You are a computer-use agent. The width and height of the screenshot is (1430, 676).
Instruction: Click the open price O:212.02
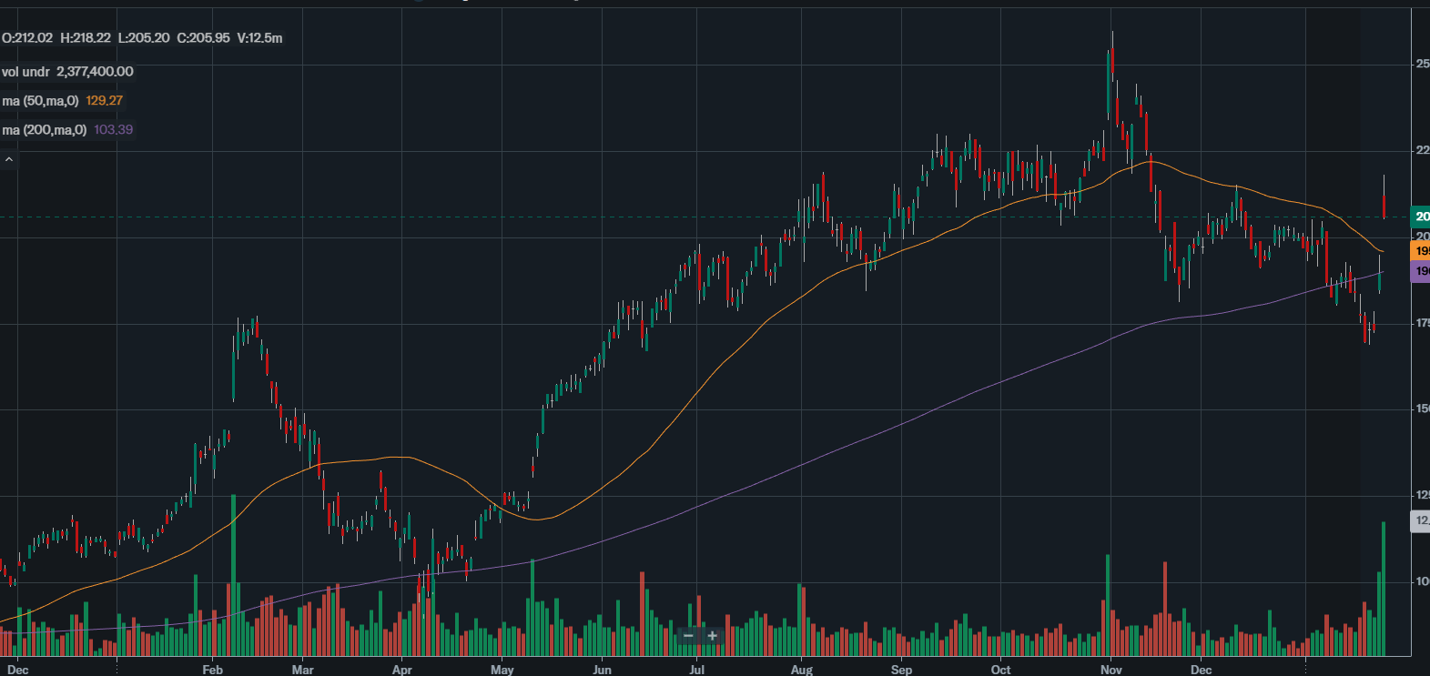(x=27, y=38)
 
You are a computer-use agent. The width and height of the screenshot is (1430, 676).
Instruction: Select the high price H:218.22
(x=86, y=38)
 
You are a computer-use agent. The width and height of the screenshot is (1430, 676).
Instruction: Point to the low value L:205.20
(x=144, y=38)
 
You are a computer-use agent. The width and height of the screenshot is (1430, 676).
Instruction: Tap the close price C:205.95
(x=203, y=38)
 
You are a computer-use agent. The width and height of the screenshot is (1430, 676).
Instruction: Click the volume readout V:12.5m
(x=259, y=38)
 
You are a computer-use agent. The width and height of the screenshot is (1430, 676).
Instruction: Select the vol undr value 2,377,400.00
(x=95, y=72)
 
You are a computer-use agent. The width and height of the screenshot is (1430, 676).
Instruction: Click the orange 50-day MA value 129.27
(x=105, y=101)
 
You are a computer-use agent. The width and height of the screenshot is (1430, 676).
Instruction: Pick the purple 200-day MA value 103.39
(x=114, y=130)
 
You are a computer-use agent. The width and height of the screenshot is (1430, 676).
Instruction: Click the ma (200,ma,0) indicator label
(x=45, y=130)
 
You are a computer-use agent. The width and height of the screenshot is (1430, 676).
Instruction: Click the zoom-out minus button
(x=688, y=636)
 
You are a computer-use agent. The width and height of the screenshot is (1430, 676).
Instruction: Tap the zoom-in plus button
(x=712, y=636)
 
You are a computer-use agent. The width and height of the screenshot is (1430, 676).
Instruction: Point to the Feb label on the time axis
(x=212, y=670)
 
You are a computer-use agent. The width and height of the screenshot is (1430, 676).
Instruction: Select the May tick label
(x=502, y=670)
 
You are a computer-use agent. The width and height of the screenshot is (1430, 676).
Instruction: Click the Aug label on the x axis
(x=801, y=670)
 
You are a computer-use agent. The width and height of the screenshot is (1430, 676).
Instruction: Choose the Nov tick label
(x=1111, y=670)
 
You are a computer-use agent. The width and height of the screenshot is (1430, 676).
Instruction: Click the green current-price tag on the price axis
(x=1420, y=217)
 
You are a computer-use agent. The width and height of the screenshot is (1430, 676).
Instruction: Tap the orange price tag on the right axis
(x=1420, y=251)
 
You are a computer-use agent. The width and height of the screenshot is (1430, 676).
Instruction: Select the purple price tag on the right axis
(x=1420, y=271)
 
